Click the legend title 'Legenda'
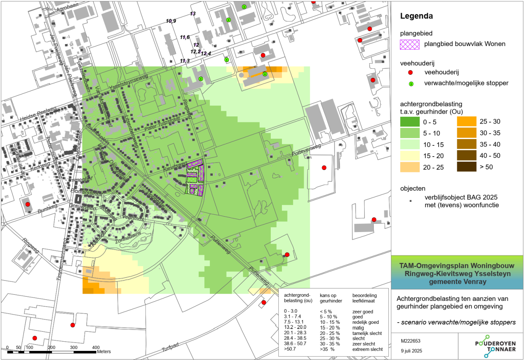(x=416, y=16)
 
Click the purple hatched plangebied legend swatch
(x=409, y=44)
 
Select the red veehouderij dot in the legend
(x=411, y=72)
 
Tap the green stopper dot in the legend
(x=411, y=83)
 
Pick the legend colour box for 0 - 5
(x=409, y=122)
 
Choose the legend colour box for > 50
(x=466, y=167)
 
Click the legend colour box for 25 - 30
(x=466, y=122)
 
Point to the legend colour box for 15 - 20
(x=409, y=156)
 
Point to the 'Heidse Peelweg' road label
(x=38, y=113)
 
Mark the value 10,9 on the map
(x=171, y=21)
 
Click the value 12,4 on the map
(x=206, y=54)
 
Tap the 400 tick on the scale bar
(x=95, y=348)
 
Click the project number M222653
(x=411, y=341)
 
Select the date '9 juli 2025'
(x=411, y=351)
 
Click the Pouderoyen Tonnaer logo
(x=495, y=346)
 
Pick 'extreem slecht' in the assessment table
(x=367, y=349)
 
